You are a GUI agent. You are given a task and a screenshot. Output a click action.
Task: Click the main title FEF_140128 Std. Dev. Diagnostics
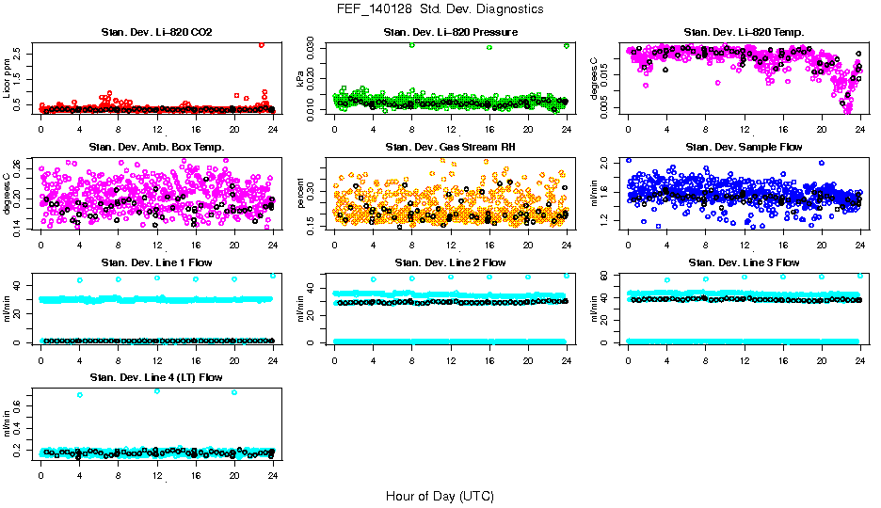coord(440,9)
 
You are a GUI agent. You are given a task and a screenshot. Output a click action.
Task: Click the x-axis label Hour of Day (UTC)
coord(440,495)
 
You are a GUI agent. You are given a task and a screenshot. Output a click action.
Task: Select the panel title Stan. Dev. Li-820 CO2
coord(156,33)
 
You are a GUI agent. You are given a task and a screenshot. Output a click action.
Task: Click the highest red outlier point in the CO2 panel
coord(261,44)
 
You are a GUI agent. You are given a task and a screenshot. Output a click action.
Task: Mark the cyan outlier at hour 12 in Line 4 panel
coord(157,390)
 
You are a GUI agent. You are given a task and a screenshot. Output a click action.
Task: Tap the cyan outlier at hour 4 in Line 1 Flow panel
coord(80,279)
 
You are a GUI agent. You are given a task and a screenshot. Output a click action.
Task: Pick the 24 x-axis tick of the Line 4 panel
coord(273,475)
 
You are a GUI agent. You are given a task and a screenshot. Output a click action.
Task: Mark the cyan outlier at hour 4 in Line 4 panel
coord(80,395)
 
